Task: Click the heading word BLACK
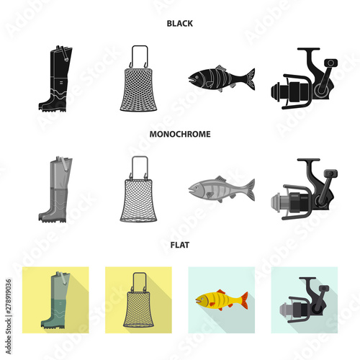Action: [x=179, y=23]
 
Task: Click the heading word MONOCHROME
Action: [x=179, y=133]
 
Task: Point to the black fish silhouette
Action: [x=220, y=77]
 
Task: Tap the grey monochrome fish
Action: [x=220, y=189]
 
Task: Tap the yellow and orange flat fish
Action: [x=219, y=300]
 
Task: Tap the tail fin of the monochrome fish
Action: [x=247, y=189]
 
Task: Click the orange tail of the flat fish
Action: [x=242, y=299]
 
